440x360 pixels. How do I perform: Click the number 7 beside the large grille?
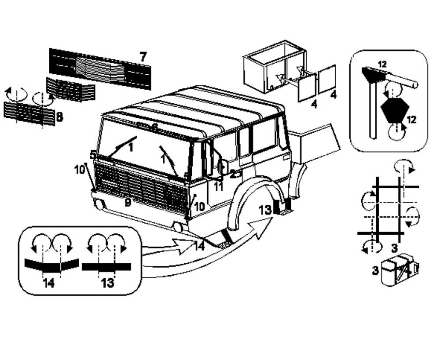[x=143, y=57]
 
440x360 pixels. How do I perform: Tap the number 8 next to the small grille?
[x=59, y=117]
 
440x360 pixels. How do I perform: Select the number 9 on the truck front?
[x=127, y=203]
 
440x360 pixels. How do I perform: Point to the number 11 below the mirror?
[x=218, y=186]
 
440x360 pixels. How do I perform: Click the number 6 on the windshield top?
[x=154, y=127]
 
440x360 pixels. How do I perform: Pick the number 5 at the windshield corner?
[x=93, y=154]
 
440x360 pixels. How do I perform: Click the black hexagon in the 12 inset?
[x=394, y=110]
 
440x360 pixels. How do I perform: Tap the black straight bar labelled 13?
[x=106, y=266]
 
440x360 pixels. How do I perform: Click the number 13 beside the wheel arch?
[x=265, y=210]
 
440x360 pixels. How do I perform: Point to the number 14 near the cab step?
[x=200, y=246]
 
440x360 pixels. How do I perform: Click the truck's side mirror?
[x=222, y=167]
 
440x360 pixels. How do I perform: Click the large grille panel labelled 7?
[x=100, y=68]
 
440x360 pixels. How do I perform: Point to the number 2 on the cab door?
[x=232, y=174]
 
